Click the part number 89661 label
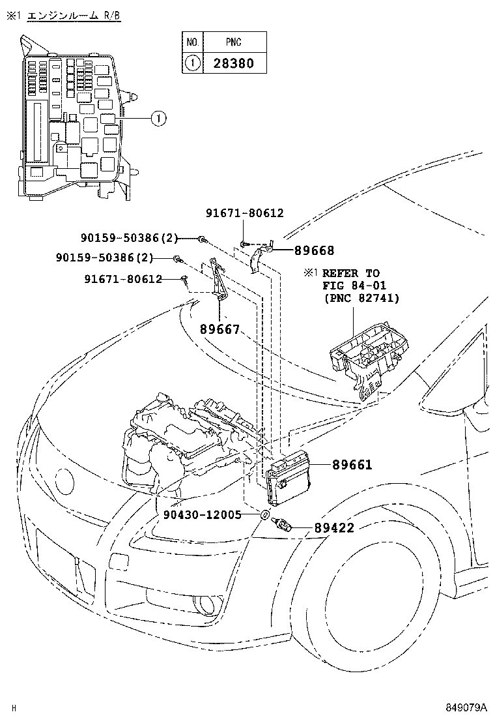click(352, 465)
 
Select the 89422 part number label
click(334, 527)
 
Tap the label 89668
click(314, 250)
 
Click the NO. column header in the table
click(192, 42)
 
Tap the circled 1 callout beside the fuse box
click(158, 119)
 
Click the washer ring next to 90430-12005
click(265, 516)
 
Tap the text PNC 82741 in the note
click(362, 298)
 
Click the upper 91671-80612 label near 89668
click(244, 213)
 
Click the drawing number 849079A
click(466, 707)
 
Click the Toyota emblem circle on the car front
click(65, 483)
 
